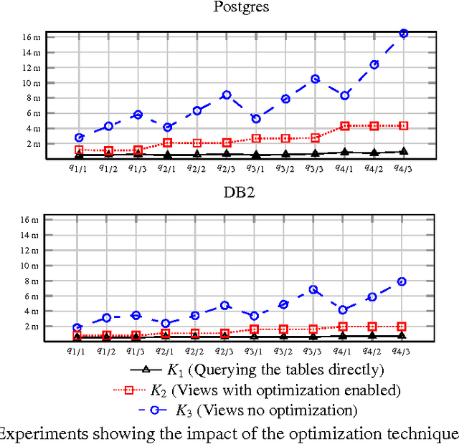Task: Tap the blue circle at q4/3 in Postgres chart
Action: coord(403,34)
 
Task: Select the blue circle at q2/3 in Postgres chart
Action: coord(226,95)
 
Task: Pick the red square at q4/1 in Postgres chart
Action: coord(344,126)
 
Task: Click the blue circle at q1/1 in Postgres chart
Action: coord(79,137)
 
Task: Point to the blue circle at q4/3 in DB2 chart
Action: coord(402,281)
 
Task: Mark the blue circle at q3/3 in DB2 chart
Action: coord(313,289)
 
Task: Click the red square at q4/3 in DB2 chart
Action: coord(402,327)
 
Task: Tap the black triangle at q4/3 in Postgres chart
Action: coord(403,151)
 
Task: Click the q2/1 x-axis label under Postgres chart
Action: coord(167,168)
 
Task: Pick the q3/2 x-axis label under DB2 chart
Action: coord(284,351)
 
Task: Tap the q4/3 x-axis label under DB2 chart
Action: coord(402,351)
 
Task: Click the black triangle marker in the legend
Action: coord(146,370)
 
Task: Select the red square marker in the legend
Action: coord(131,390)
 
